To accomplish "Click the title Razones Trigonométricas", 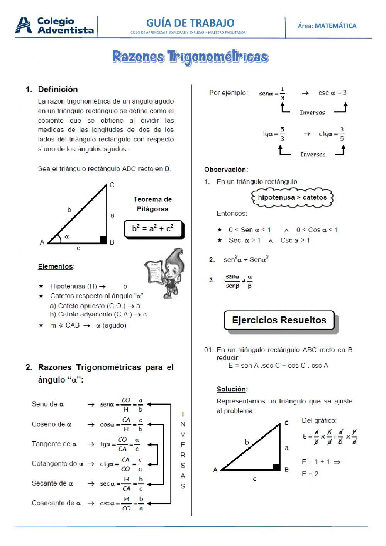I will coord(190,57).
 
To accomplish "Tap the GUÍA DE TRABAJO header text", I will coord(190,23).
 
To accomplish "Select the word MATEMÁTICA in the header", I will coord(335,26).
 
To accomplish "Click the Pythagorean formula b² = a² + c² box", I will coord(153,229).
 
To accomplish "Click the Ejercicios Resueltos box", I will coord(279,320).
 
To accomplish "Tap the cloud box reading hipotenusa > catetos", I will coord(292,197).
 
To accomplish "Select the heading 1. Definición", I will coord(52,90).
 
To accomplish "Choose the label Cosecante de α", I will coord(56,503).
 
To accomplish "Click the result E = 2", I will coord(310,474).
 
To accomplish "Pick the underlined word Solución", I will coord(232,389).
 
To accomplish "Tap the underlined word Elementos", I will coord(56,266).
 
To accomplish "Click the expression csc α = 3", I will coord(332,93).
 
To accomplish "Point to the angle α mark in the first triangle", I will coord(66,236).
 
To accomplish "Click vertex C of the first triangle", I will coord(112,185).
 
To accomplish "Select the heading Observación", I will coord(226,169).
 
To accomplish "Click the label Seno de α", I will coord(47,404).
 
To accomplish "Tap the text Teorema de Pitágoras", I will coord(152,204).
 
